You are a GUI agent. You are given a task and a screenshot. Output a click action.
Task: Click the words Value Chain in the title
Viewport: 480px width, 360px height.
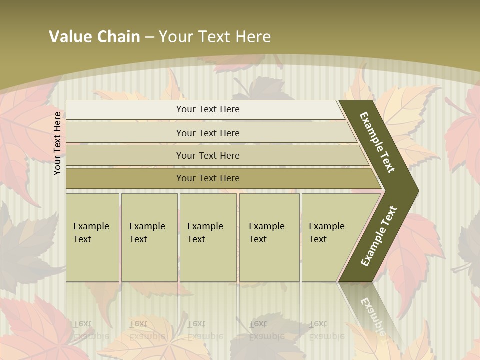[94, 37]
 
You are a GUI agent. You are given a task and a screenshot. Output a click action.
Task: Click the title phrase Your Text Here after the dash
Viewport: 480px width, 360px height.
[215, 37]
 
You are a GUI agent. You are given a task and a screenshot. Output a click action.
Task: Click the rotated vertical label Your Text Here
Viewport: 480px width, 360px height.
[57, 143]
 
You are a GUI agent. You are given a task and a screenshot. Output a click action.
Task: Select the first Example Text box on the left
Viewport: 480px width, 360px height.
[92, 237]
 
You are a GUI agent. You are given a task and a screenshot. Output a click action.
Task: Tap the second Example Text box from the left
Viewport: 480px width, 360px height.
[149, 237]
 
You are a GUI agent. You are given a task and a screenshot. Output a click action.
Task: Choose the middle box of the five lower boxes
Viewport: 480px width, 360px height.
[208, 237]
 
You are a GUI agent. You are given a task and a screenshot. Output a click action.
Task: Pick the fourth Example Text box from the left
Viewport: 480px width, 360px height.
[269, 237]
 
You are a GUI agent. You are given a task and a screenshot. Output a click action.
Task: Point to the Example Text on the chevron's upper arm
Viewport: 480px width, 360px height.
[377, 142]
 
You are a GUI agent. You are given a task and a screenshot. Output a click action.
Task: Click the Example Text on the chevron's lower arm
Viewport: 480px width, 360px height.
[379, 236]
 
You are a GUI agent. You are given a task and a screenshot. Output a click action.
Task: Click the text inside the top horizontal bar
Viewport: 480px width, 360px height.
[208, 109]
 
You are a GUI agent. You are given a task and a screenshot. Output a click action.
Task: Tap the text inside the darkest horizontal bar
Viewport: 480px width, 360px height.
[208, 178]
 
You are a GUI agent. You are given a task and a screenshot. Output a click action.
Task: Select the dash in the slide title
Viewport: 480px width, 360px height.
[149, 37]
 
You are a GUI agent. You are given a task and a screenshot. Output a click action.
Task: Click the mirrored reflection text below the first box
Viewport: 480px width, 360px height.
[91, 330]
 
